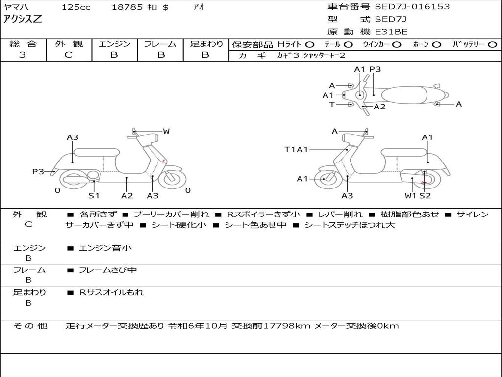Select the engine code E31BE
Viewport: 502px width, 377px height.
(391, 32)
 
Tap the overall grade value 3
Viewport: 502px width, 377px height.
(23, 55)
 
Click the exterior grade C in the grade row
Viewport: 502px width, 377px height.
(68, 55)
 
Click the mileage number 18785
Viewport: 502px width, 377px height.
(127, 7)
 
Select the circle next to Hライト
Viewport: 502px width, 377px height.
(310, 44)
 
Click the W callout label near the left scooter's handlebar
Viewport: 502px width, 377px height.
(166, 131)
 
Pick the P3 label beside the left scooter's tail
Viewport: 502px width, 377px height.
(38, 171)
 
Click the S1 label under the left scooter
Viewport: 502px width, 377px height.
(94, 195)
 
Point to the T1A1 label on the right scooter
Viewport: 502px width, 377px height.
(296, 149)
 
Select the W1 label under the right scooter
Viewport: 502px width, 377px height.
(410, 195)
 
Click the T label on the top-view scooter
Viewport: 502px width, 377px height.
(332, 104)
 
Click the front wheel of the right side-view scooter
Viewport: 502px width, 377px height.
(325, 179)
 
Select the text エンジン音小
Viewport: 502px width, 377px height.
(105, 248)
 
